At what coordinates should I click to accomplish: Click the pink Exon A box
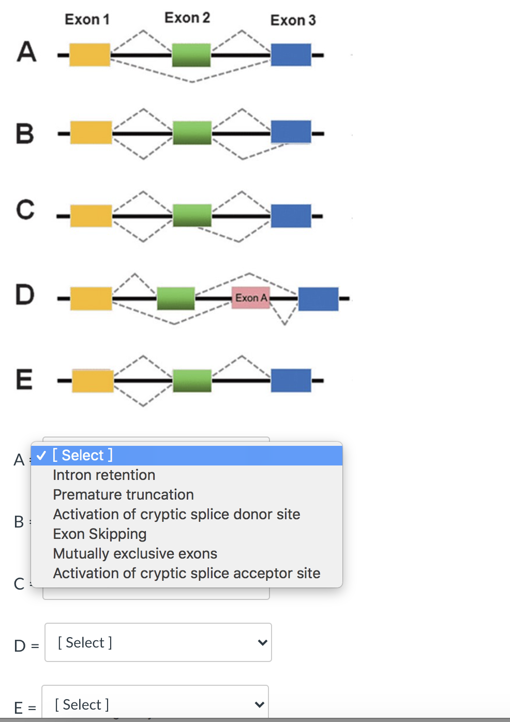(x=251, y=298)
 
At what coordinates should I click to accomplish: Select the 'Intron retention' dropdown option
(x=104, y=475)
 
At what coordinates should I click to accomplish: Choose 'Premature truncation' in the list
(x=123, y=494)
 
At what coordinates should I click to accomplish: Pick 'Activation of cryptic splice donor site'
(x=176, y=514)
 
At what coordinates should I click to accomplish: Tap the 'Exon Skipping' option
(x=100, y=534)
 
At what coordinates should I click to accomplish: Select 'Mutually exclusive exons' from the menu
(x=135, y=553)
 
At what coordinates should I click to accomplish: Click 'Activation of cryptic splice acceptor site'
(x=187, y=573)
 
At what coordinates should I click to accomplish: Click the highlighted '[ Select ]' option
(x=83, y=455)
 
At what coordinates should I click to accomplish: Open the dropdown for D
(x=158, y=642)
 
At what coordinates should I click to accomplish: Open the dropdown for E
(x=155, y=704)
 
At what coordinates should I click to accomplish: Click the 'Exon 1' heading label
(x=87, y=20)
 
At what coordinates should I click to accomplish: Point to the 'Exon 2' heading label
(x=187, y=18)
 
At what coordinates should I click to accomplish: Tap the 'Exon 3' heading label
(x=293, y=21)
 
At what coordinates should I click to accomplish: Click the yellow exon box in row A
(x=90, y=55)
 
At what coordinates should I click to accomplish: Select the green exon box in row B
(x=192, y=133)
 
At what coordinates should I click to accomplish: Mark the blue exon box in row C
(x=291, y=216)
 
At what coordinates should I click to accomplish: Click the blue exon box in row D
(x=318, y=299)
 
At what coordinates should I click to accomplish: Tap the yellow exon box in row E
(x=93, y=381)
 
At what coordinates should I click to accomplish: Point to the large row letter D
(x=25, y=295)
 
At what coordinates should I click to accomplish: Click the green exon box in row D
(x=176, y=298)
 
